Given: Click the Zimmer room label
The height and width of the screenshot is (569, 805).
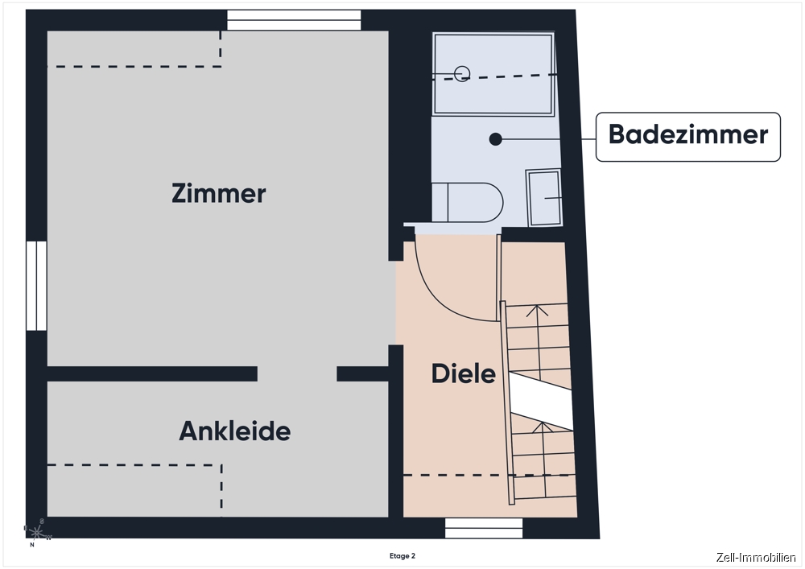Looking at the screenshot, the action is point(219,193).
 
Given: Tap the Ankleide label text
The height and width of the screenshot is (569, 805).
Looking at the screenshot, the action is point(234,431).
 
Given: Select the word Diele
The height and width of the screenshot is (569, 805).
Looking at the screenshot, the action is point(463,373).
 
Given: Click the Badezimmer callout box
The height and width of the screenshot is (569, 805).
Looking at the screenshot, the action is point(688,137).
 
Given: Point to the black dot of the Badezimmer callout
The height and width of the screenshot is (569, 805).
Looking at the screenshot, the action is point(495,139).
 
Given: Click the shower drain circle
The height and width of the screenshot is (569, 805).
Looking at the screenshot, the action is point(462,74).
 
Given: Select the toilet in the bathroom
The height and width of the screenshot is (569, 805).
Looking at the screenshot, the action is point(467,202).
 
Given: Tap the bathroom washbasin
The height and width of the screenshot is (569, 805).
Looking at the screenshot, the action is point(543,197).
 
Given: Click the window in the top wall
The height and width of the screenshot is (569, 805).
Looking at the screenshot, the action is point(294,20).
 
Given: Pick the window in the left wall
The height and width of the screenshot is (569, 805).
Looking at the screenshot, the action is point(36,286).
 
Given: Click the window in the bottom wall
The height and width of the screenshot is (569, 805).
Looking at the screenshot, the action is point(484,528).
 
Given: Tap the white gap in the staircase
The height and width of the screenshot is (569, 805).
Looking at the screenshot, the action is point(541,401).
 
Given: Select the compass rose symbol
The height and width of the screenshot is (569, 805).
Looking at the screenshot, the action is point(37,533).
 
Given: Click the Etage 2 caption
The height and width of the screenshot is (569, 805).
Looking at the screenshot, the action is point(402,555).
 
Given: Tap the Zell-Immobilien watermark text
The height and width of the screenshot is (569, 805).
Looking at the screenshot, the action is point(756,558).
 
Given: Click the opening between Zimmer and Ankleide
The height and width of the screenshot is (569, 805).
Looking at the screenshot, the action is point(297,374).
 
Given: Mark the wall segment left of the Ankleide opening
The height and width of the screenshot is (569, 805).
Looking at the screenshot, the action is point(152,374).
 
